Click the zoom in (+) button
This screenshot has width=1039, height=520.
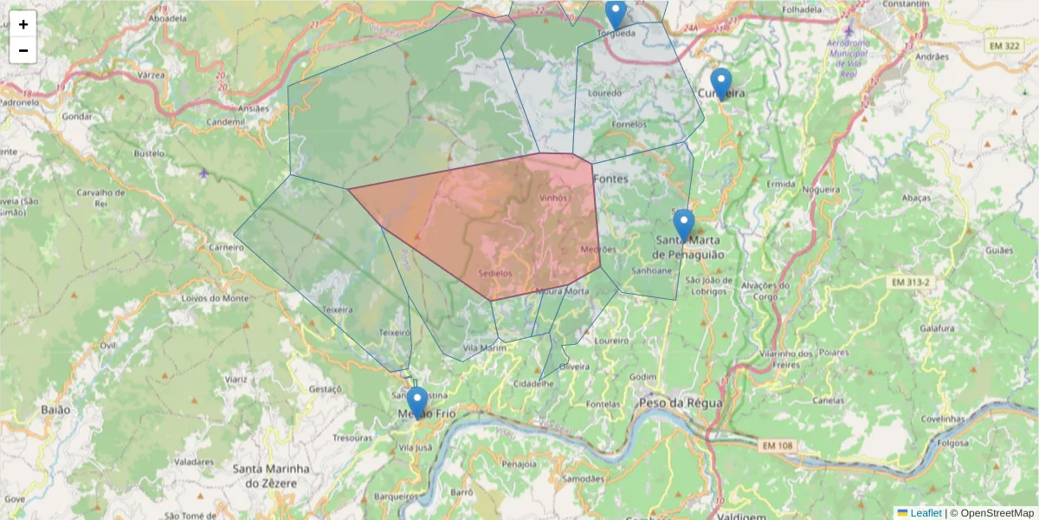click(x=23, y=24)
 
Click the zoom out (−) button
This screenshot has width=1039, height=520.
click(x=23, y=50)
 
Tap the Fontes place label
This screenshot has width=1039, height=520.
click(x=611, y=179)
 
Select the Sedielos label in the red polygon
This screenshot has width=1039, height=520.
click(x=494, y=273)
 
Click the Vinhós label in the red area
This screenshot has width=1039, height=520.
click(x=553, y=198)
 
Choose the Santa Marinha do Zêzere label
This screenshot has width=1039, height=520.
click(x=271, y=475)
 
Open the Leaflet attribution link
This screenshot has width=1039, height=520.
click(x=925, y=513)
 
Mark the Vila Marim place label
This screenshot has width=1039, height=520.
click(x=485, y=348)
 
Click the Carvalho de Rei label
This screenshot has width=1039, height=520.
click(x=102, y=198)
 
